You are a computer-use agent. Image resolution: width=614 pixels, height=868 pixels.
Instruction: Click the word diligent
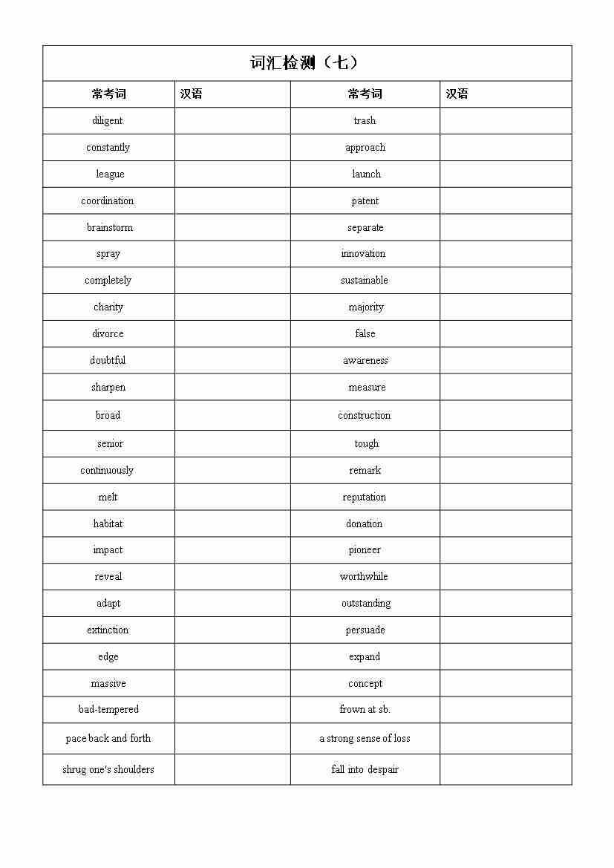coord(108,121)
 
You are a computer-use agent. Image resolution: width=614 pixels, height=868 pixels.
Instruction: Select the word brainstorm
coord(109,227)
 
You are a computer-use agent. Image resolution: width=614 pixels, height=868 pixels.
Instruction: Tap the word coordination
coord(108,201)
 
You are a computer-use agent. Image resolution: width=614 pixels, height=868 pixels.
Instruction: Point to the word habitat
coord(108,523)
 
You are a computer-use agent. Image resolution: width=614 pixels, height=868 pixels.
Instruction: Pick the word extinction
coord(108,630)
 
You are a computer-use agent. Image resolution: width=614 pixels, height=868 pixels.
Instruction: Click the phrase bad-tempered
coord(108,710)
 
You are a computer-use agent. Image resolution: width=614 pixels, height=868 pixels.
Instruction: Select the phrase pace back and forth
coord(108,739)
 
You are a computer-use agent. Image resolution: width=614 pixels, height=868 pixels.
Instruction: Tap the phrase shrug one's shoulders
coord(108,770)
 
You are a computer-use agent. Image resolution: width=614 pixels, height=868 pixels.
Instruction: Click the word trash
coord(365,121)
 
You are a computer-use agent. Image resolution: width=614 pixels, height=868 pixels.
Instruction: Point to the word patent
coord(365,201)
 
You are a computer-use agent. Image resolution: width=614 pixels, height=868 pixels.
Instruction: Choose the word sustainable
coord(365,281)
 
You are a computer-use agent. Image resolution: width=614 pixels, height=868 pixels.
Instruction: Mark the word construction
coord(364,416)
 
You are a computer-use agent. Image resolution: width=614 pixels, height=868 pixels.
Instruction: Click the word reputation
coord(365,497)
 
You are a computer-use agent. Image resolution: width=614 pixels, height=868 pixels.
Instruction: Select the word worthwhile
coord(364,577)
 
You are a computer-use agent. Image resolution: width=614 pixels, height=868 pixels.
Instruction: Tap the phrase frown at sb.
coord(365,710)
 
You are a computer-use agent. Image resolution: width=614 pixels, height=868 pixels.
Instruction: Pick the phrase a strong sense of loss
coord(365,739)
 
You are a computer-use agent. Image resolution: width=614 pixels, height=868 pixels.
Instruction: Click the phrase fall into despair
coord(365,770)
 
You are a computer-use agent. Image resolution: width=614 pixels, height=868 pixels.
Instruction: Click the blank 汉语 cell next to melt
coord(232,497)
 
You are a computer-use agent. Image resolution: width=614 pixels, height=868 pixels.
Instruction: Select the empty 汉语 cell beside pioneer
coord(506,550)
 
